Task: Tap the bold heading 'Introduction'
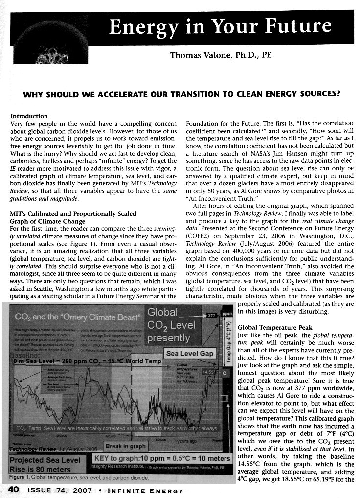tap(29, 116)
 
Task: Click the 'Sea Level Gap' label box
tap(190, 353)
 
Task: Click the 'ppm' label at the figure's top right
tap(226, 312)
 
